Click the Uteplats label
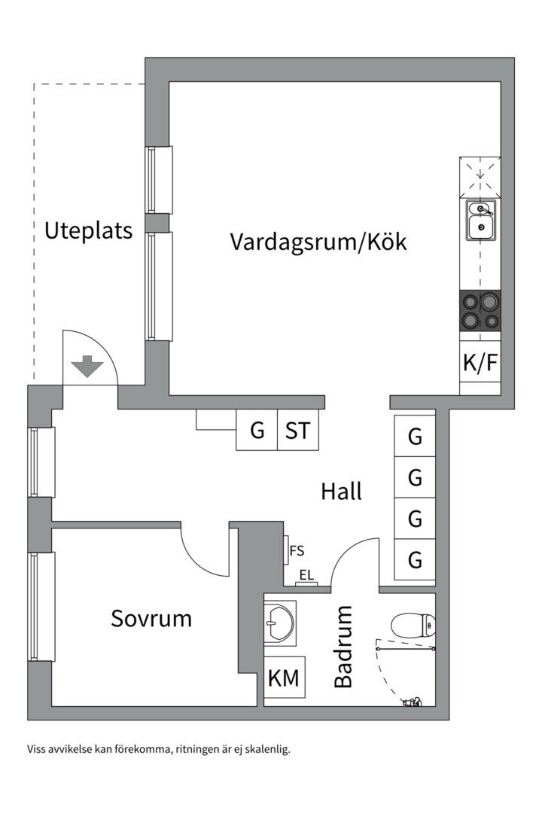[x=88, y=230]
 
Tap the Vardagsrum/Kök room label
[x=318, y=242]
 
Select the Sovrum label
[x=151, y=619]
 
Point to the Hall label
[x=341, y=492]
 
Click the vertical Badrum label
[x=343, y=647]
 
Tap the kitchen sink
[x=480, y=220]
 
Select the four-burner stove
[x=480, y=311]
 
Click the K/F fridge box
[x=480, y=363]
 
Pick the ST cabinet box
[x=298, y=431]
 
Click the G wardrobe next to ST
[x=257, y=431]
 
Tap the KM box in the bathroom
[x=284, y=678]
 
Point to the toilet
[x=413, y=625]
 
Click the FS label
[x=297, y=551]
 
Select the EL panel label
[x=306, y=575]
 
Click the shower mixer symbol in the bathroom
[x=413, y=702]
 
